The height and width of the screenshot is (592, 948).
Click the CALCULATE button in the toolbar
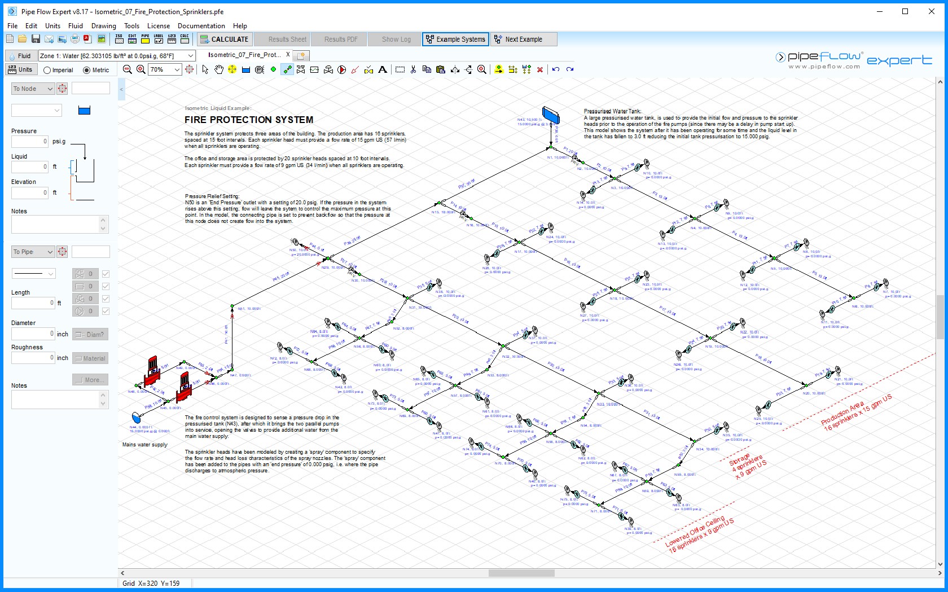tap(225, 40)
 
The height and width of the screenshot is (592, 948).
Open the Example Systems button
tap(455, 40)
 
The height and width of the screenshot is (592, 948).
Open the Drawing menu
tap(103, 26)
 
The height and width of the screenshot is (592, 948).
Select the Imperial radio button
tap(47, 70)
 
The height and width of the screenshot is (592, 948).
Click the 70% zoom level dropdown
tap(165, 69)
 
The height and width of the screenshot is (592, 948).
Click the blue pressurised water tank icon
tap(551, 115)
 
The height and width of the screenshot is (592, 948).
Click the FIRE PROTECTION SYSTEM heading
tap(248, 120)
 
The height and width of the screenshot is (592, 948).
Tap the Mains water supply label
tap(145, 445)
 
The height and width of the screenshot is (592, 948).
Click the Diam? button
tap(90, 335)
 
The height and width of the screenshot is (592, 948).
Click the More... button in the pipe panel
tap(90, 380)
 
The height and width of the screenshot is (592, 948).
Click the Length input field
tap(33, 303)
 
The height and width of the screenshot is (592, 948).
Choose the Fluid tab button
tap(20, 56)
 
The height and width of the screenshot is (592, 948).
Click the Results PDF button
tap(341, 40)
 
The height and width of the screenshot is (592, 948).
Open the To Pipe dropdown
tap(33, 252)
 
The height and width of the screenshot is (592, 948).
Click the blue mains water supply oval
tap(136, 418)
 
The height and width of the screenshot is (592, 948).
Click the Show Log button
tap(396, 40)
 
